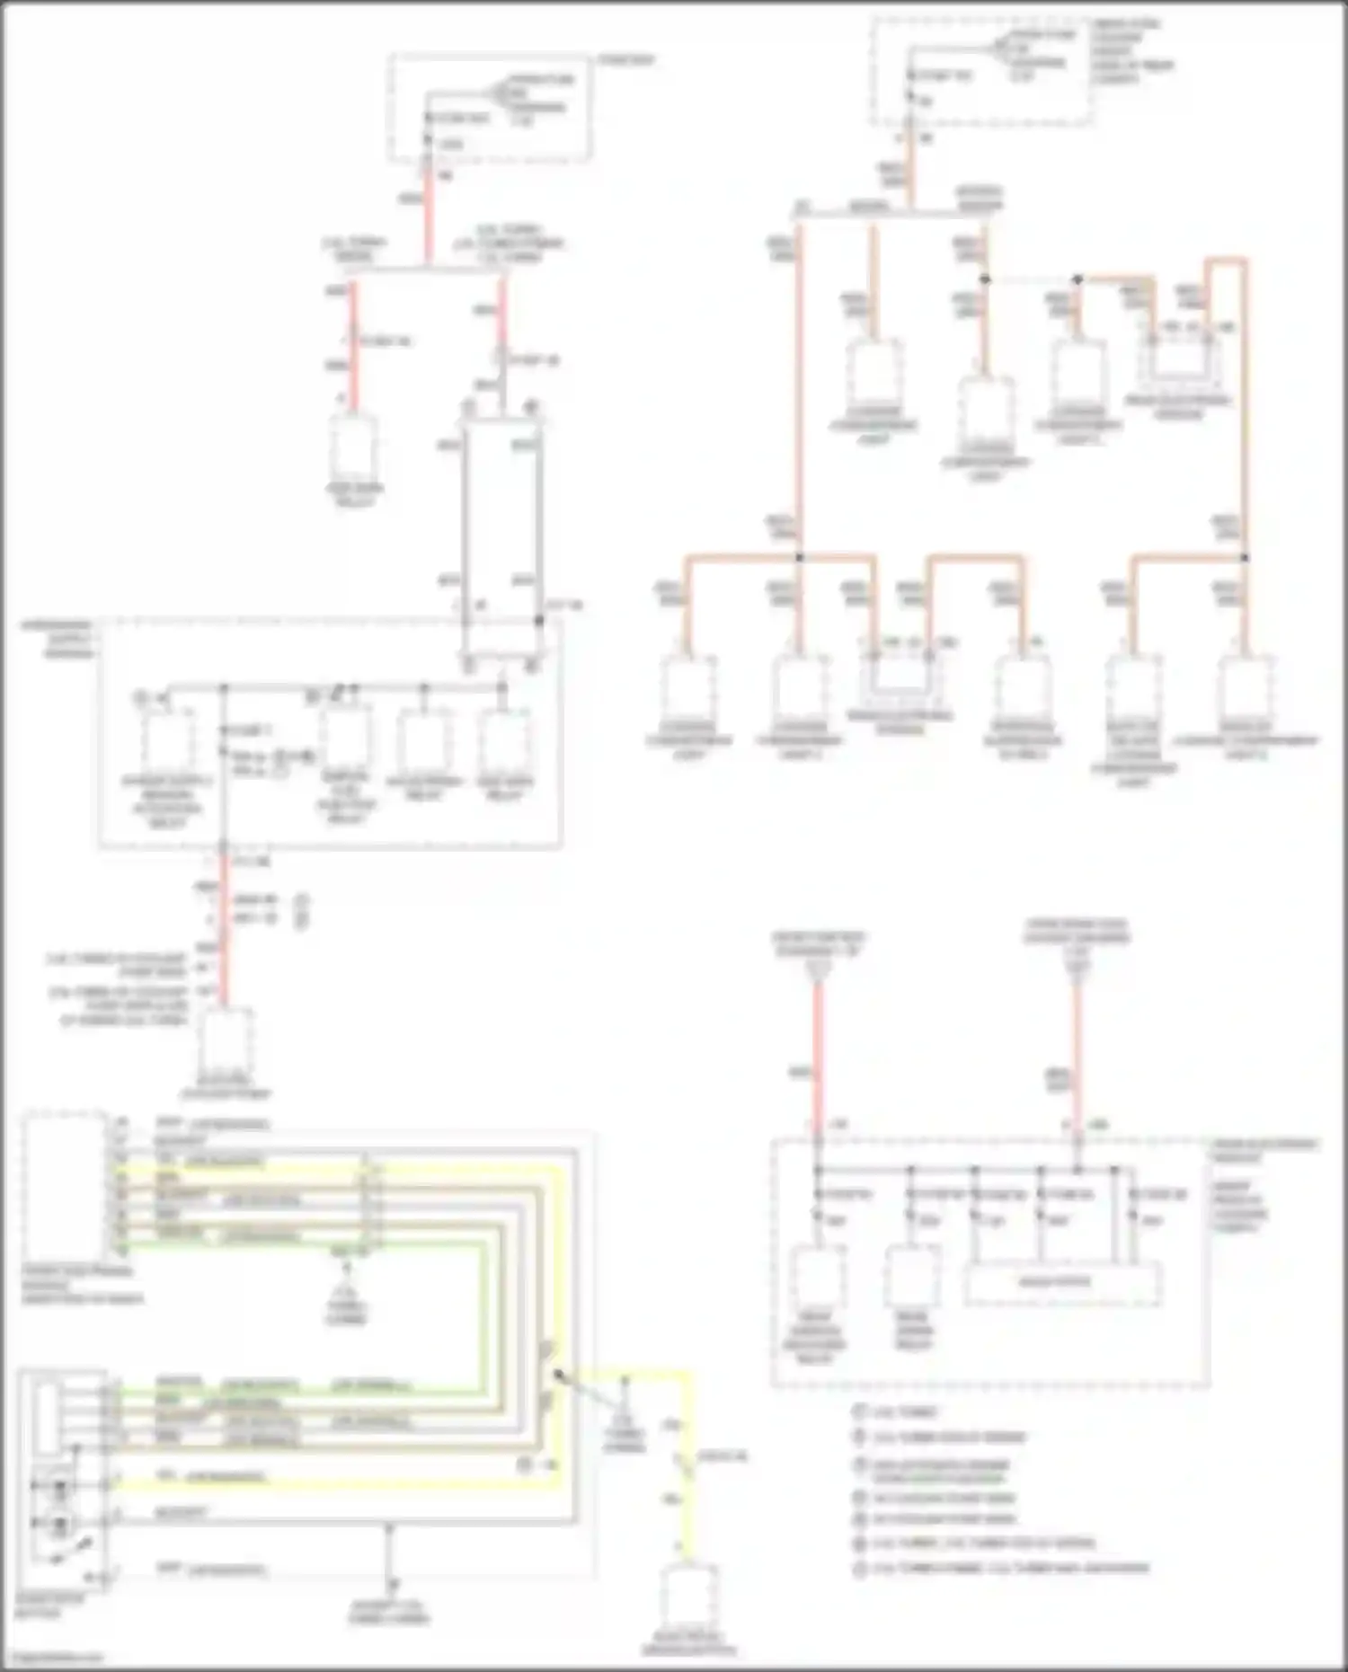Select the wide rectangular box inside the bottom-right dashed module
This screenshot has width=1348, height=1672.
coord(1062,1284)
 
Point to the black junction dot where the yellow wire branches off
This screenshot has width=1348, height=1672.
coord(558,1376)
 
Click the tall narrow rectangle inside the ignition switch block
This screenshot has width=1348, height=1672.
coord(48,1419)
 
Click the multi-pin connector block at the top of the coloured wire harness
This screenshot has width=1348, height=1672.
coord(63,1186)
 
